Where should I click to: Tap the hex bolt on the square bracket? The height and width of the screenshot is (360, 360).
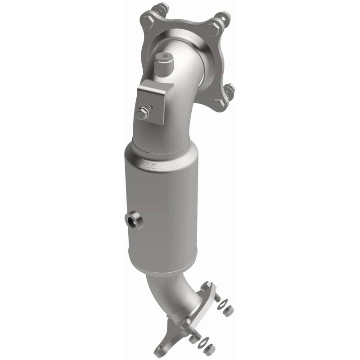point(143,113)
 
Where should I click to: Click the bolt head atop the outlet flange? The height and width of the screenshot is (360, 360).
point(206,286)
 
